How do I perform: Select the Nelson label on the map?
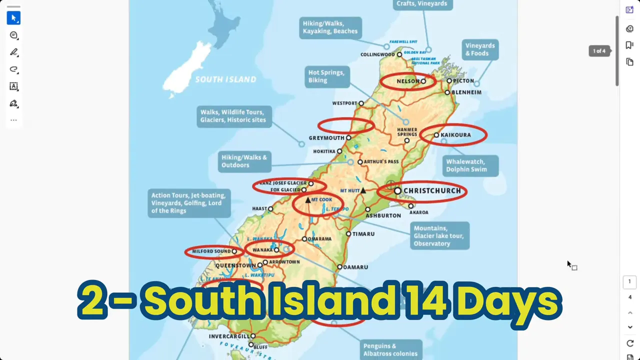[x=407, y=81]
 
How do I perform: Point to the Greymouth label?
[x=326, y=138]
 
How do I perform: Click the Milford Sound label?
[x=211, y=251]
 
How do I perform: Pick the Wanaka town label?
[x=262, y=250]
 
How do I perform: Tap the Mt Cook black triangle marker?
[x=308, y=200]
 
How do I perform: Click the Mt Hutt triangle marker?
[x=363, y=190]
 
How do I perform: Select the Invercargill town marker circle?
[x=253, y=336]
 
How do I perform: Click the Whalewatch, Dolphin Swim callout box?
[x=470, y=165]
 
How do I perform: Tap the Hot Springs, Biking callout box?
[x=326, y=76]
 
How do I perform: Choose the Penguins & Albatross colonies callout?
[x=390, y=349]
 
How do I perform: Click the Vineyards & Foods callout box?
[x=480, y=49]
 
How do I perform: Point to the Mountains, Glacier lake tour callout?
[x=438, y=236]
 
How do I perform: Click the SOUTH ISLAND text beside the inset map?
[x=225, y=79]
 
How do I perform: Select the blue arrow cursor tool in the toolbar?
[x=13, y=18]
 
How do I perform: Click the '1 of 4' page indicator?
[x=599, y=51]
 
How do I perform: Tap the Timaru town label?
[x=363, y=234]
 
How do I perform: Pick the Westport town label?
[x=344, y=103]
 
